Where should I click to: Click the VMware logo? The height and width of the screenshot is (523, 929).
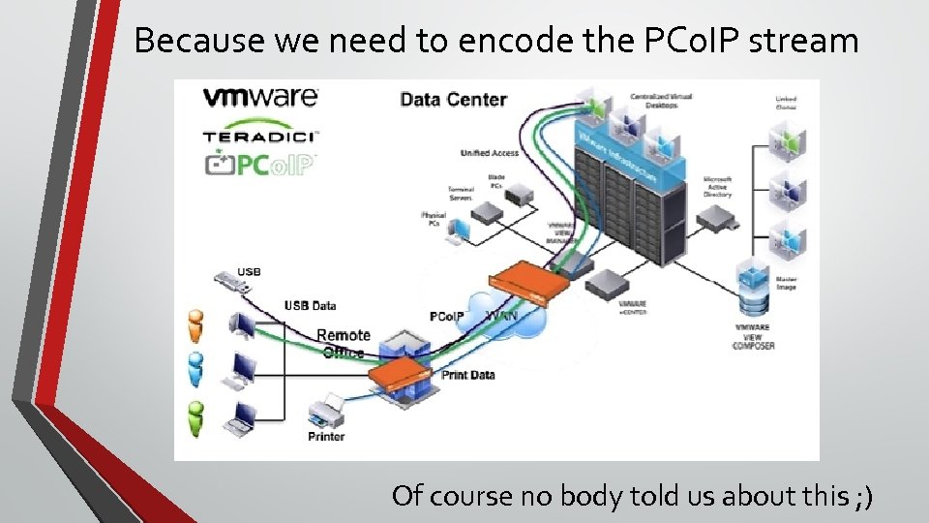259,97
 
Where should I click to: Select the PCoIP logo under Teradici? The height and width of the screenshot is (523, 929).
259,165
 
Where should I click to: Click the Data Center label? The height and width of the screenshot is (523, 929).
453,99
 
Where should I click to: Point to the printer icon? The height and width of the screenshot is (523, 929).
326,411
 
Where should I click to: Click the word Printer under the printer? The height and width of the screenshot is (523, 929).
326,437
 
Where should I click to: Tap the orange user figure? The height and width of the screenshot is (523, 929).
196,326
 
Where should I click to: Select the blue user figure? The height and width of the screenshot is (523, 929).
196,368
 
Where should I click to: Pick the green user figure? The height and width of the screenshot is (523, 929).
196,416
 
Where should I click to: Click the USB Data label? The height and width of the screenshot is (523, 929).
310,306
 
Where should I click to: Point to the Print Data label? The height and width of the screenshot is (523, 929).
467,375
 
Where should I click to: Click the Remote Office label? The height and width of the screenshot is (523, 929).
343,343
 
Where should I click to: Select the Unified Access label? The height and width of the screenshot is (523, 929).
490,153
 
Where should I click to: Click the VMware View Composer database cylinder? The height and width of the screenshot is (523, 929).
754,291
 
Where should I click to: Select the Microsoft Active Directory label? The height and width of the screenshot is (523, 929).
717,187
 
